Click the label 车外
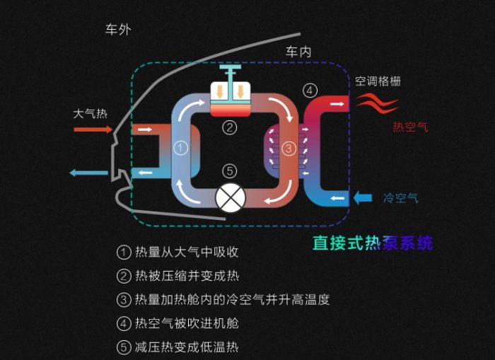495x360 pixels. point(118,30)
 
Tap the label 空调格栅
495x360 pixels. point(378,81)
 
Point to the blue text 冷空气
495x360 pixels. point(400,198)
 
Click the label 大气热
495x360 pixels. point(91,113)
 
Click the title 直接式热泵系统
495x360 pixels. point(373,243)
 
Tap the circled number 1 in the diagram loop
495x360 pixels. point(180,148)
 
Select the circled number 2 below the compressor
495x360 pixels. point(228,127)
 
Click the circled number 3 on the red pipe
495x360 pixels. point(289,149)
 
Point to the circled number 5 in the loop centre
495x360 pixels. point(228,170)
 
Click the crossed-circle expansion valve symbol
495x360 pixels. point(228,199)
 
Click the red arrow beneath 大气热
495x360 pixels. point(93,129)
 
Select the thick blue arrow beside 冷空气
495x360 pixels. point(362,198)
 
